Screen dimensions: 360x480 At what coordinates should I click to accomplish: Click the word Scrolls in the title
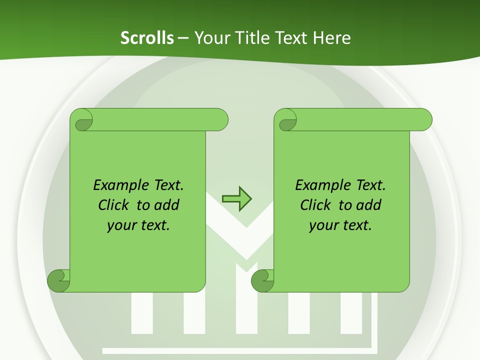click(147, 37)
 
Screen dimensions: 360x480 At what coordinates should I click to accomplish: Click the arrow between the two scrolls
click(236, 198)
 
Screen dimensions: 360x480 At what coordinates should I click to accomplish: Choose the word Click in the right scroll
click(316, 205)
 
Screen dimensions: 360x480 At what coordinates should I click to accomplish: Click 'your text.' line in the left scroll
click(138, 225)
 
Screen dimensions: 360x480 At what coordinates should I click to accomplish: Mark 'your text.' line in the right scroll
click(340, 225)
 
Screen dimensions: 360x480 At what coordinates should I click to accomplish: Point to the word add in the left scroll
click(167, 205)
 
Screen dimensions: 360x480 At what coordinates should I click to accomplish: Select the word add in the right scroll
click(368, 205)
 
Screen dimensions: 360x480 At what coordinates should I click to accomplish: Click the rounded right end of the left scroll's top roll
click(219, 120)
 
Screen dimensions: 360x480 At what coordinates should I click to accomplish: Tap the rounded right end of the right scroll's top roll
click(423, 120)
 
